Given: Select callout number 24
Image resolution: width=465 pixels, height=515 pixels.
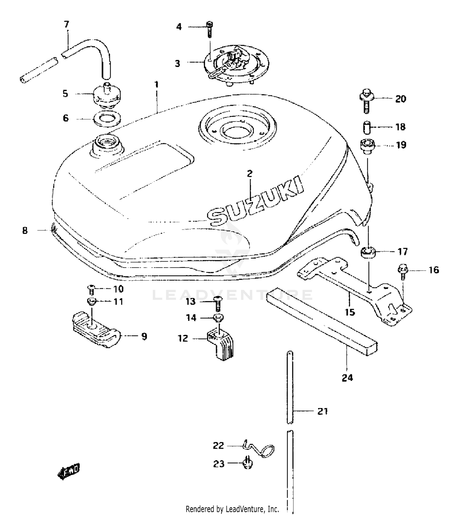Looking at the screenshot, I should click(347, 377).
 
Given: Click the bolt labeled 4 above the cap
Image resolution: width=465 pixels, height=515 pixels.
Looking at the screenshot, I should click(210, 29).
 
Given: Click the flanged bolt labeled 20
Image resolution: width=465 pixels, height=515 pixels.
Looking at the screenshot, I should click(367, 100).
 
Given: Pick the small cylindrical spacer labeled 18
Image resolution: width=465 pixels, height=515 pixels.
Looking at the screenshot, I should click(367, 127).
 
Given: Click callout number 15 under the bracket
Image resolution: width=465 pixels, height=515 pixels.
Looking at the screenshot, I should click(350, 312).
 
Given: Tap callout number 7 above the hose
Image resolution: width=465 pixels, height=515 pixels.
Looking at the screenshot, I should click(66, 24).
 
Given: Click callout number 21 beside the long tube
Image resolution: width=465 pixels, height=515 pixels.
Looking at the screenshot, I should click(322, 411).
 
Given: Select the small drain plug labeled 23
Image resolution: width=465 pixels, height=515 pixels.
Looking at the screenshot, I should click(248, 463).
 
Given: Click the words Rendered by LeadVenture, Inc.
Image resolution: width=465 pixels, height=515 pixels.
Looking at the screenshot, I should click(232, 509).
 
